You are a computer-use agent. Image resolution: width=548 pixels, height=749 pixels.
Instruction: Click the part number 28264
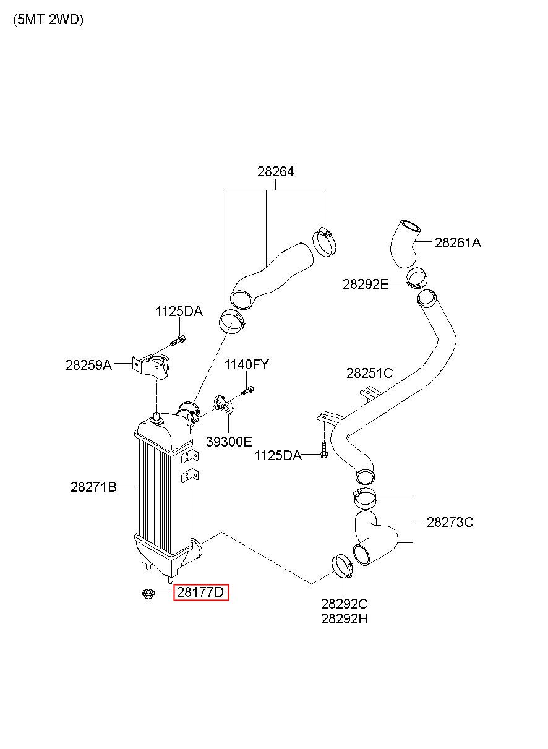(275, 171)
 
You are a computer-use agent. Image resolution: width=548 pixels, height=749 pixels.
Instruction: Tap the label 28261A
(458, 242)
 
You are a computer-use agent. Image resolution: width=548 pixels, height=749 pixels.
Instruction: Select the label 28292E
(366, 284)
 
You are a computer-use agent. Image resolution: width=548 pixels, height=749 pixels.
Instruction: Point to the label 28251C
(369, 373)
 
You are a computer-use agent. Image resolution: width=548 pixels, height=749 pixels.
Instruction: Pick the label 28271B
(93, 487)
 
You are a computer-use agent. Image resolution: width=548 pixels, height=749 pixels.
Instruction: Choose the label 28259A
(88, 365)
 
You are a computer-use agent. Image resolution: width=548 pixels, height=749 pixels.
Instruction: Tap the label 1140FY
(246, 364)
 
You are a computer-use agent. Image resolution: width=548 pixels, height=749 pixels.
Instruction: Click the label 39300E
(229, 442)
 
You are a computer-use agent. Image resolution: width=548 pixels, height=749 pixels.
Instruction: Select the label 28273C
(450, 522)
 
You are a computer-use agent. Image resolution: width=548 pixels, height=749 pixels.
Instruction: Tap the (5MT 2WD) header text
(48, 20)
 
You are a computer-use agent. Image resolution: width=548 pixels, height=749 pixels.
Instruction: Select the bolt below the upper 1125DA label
(178, 340)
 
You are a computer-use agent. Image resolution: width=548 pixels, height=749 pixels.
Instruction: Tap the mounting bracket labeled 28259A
(150, 366)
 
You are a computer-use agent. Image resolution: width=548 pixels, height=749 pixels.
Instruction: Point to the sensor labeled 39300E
(225, 405)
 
